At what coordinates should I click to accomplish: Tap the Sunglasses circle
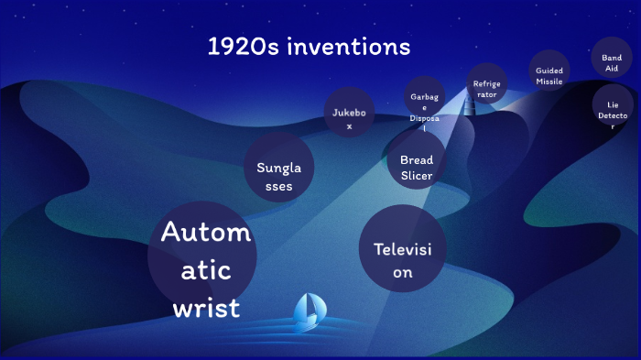[x=279, y=168]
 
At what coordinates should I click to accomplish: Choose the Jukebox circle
[x=349, y=117]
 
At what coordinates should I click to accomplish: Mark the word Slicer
[x=416, y=176]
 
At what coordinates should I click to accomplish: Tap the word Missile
[x=549, y=82]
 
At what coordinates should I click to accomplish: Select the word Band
[x=612, y=57]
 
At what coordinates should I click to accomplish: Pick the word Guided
[x=549, y=70]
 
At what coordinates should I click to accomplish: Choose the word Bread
[x=416, y=159]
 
